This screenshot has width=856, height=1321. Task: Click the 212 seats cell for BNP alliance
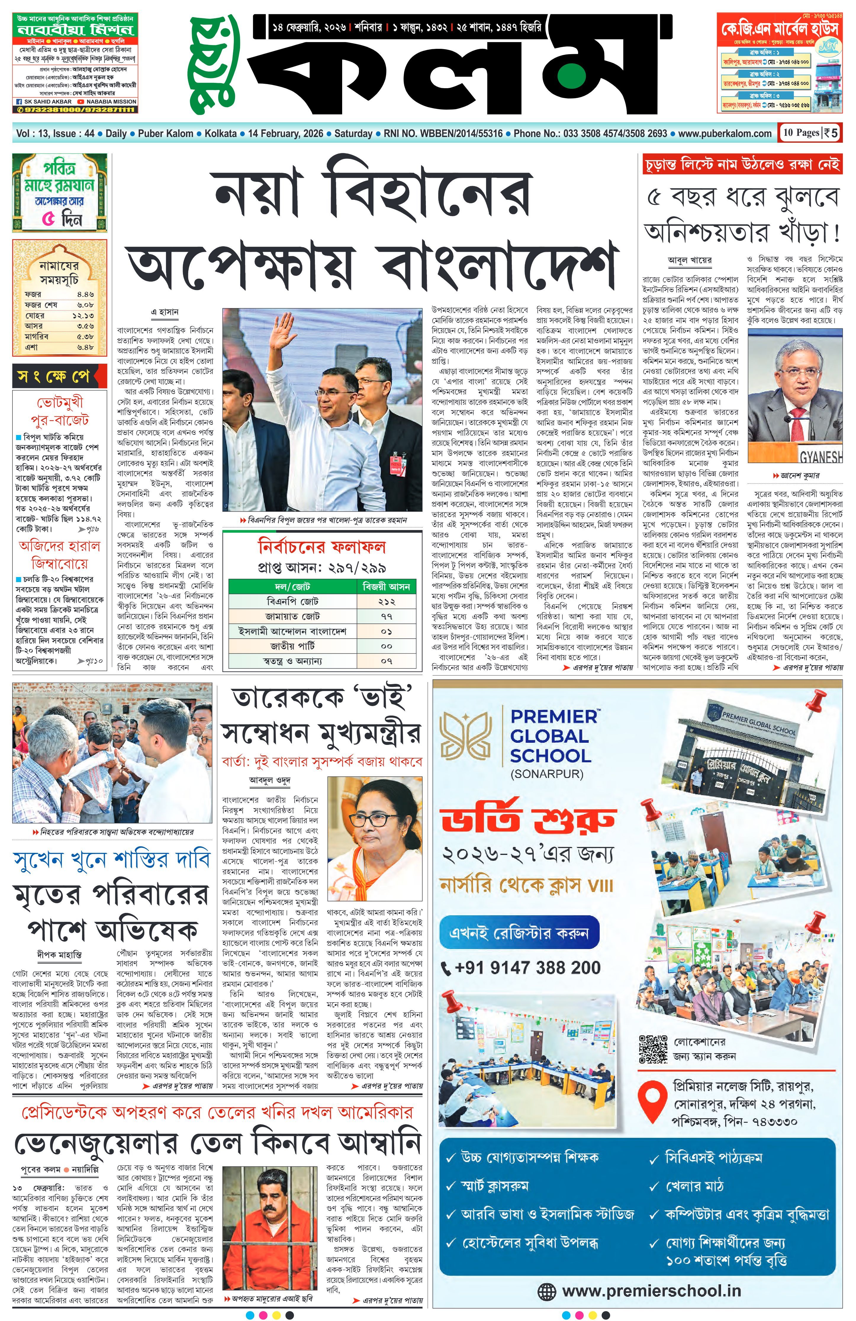pos(386,602)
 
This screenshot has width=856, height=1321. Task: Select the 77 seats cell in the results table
pos(386,617)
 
